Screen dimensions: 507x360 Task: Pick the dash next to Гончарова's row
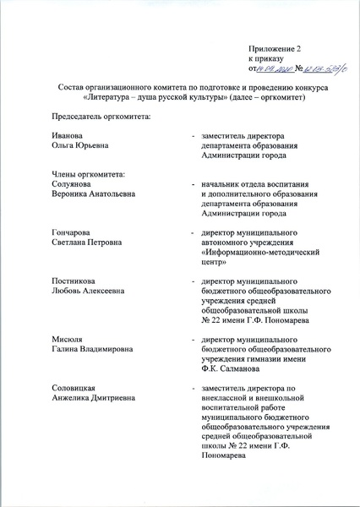(194, 232)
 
